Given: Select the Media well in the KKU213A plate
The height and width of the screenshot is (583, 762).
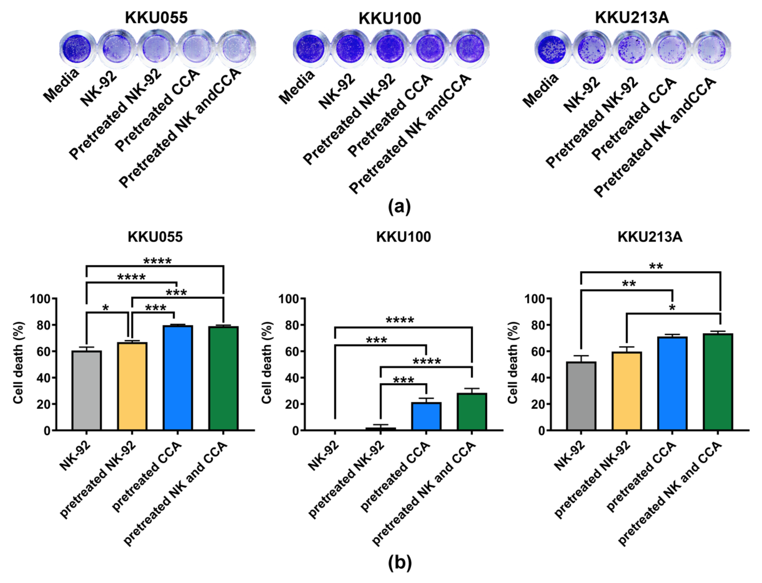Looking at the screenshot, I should tap(550, 51).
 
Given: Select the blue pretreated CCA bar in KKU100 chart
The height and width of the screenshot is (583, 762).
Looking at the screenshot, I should tap(426, 416).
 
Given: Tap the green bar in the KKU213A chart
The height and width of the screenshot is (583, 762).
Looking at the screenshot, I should tap(718, 382).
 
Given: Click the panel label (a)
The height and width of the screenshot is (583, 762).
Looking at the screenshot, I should tap(399, 207).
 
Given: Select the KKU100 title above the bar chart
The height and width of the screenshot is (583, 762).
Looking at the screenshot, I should tap(403, 237).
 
